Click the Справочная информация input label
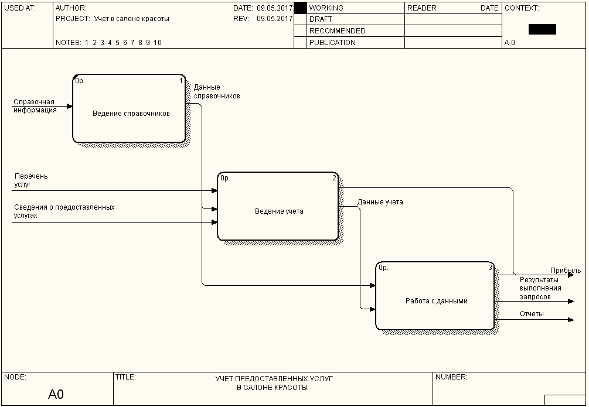(35, 106)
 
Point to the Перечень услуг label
(31, 180)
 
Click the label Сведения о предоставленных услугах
(64, 211)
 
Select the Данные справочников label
(216, 91)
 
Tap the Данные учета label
(380, 202)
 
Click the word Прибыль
(565, 271)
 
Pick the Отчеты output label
(532, 314)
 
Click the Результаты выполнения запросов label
(540, 288)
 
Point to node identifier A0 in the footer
(56, 395)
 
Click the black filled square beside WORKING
(300, 8)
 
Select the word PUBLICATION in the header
(332, 43)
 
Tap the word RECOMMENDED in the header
(337, 31)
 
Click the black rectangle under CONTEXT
(542, 29)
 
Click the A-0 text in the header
(510, 43)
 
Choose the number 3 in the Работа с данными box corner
(490, 268)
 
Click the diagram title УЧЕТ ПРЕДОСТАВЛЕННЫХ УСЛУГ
(278, 379)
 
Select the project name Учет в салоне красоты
(131, 19)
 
